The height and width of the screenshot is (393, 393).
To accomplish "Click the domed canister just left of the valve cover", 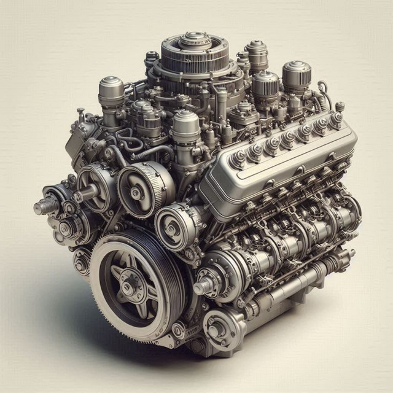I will click(185, 125).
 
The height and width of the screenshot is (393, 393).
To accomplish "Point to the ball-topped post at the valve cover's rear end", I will click(340, 109).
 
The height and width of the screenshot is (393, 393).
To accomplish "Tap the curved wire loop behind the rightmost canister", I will click(322, 92).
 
